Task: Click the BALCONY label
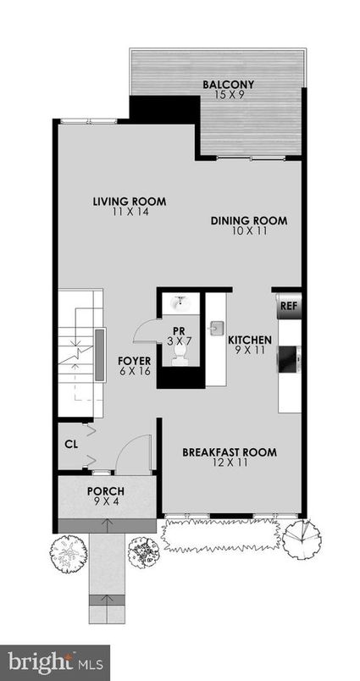pos(229,84)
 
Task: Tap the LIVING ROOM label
pos(129,202)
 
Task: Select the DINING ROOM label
pos(248,220)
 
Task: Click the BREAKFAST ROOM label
pos(230,451)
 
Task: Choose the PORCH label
pos(105,491)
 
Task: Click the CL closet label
pos(71,442)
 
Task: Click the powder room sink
pos(180,303)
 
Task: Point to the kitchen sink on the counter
pos(216,325)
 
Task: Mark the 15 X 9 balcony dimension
pos(229,95)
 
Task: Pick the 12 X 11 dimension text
pos(230,463)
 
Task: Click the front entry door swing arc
pos(130,457)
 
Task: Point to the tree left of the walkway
pos(68,554)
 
